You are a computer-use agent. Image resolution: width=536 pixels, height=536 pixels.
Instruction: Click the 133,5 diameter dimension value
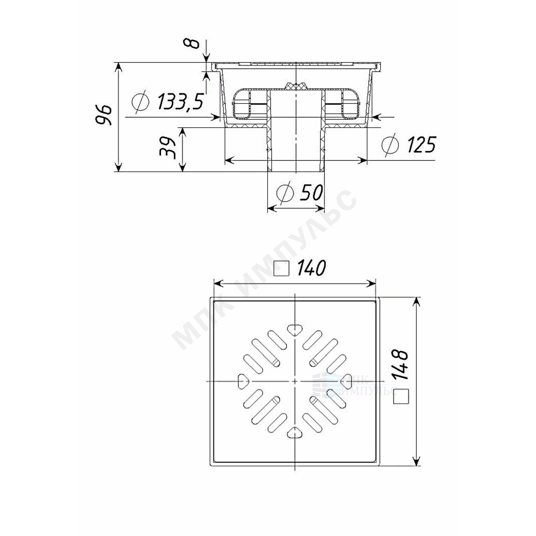click(180, 102)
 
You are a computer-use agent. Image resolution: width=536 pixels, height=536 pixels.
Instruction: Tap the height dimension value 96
click(103, 115)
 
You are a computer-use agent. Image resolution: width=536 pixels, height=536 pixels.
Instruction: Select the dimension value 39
click(168, 147)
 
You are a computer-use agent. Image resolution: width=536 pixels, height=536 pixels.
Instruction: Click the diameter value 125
click(421, 144)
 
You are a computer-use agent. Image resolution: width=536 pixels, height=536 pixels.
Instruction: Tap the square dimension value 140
click(311, 268)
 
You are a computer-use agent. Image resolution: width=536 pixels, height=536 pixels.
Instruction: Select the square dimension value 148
click(400, 365)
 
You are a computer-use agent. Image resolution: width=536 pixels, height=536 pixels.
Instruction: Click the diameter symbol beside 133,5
click(141, 102)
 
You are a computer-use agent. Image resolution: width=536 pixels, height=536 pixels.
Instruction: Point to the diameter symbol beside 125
click(390, 145)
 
